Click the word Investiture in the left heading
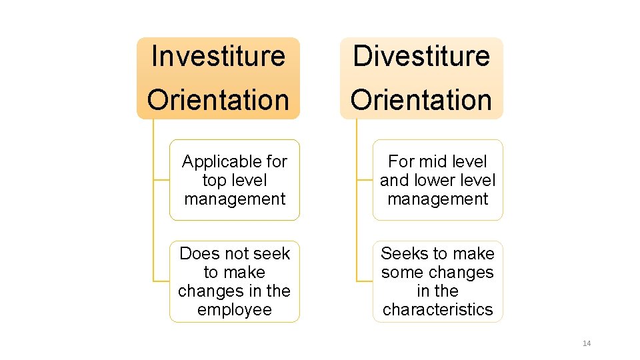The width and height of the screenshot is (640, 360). [x=218, y=56]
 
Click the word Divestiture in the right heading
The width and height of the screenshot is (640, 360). [x=421, y=56]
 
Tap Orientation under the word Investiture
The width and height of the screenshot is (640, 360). [x=218, y=100]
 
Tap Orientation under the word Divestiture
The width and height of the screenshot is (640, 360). [x=421, y=100]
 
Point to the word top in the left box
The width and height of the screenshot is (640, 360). [x=214, y=180]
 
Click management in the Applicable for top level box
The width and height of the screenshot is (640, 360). [x=235, y=199]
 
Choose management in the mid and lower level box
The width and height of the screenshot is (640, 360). [x=438, y=199]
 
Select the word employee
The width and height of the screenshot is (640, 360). [x=235, y=309]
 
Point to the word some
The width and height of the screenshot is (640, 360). [x=401, y=272]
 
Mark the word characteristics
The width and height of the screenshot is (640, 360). [x=438, y=309]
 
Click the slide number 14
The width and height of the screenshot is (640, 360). [x=587, y=343]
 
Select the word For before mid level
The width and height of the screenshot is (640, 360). [x=401, y=161]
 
